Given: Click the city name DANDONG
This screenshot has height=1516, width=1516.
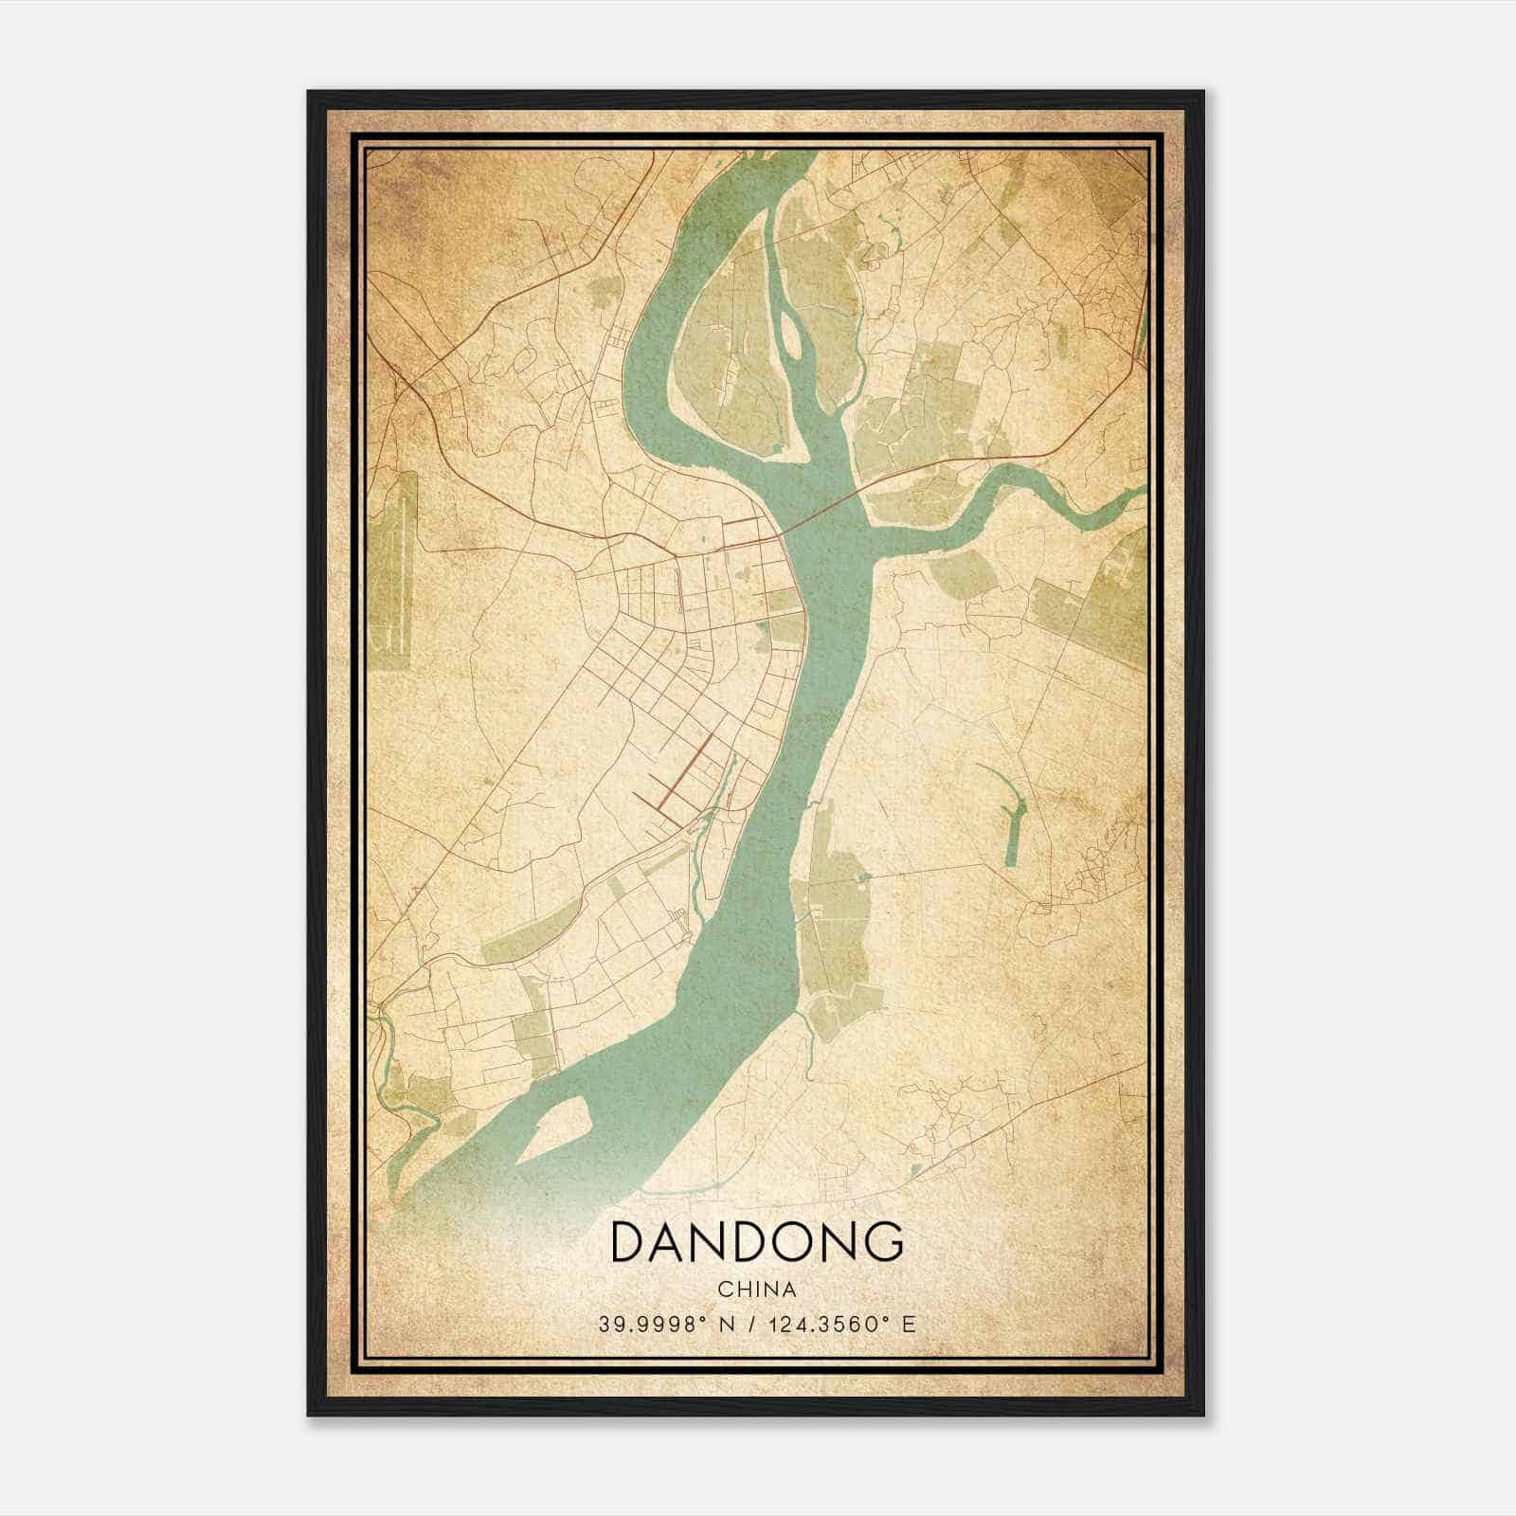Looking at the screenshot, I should tap(756, 1242).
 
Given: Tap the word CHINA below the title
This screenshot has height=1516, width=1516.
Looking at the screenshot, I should tap(756, 1290).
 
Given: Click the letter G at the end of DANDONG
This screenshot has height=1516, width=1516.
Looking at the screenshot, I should tap(881, 1242).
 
